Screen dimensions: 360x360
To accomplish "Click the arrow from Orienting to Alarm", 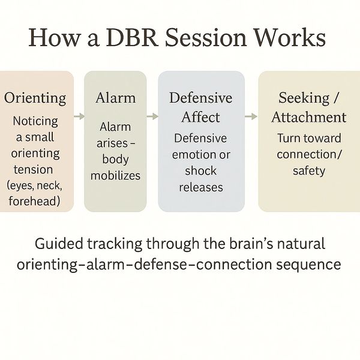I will pyautogui.click(x=78, y=116).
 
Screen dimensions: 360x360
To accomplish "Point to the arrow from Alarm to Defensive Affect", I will pyautogui.click(x=152, y=116).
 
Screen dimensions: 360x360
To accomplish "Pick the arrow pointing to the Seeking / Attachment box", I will pyautogui.click(x=251, y=116).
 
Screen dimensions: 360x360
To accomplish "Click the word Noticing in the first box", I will pyautogui.click(x=35, y=121).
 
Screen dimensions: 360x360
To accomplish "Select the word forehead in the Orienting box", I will pyautogui.click(x=35, y=201).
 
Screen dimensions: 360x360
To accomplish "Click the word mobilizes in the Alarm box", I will pyautogui.click(x=115, y=176).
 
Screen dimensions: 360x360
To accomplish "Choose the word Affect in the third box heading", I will pyautogui.click(x=201, y=117).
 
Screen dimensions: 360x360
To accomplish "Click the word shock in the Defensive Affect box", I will pyautogui.click(x=200, y=171).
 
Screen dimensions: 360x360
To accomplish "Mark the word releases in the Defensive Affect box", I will pyautogui.click(x=200, y=187).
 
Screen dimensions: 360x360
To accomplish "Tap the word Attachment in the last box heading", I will pyautogui.click(x=309, y=117).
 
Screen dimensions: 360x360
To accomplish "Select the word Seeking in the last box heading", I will pyautogui.click(x=304, y=98).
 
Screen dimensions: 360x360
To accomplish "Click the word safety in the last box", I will pyautogui.click(x=309, y=171).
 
